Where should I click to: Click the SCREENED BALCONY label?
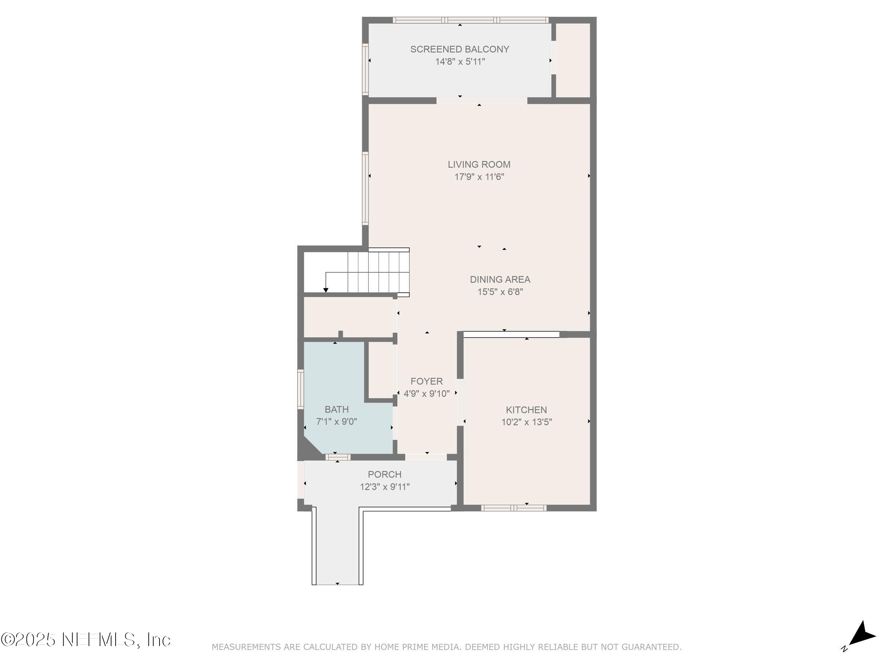coord(460,49)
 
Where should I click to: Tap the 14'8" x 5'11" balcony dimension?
coord(460,62)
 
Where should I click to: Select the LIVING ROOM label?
coord(479,164)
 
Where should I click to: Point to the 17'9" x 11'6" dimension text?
coord(479,177)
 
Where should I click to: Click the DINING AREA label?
coord(500,279)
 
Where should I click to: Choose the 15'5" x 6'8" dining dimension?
coord(500,292)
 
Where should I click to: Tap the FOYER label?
coord(426,381)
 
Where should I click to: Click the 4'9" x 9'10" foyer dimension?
coord(426,394)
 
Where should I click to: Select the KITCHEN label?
coord(526,410)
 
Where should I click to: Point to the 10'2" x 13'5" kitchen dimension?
coord(526,422)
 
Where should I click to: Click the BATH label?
coord(336,410)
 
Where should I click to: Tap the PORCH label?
coord(384,475)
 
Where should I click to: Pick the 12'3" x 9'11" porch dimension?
coord(384,487)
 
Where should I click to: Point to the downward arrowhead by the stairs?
coord(326,290)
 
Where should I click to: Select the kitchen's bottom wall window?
coord(513,508)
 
